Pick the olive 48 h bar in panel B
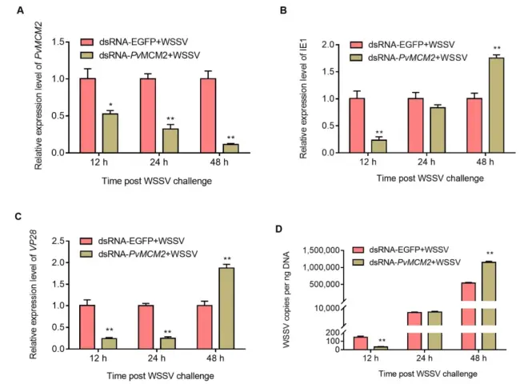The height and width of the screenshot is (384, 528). coord(478,105)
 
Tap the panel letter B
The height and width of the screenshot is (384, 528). coord(305,11)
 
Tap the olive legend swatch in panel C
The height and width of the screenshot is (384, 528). coord(90,254)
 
